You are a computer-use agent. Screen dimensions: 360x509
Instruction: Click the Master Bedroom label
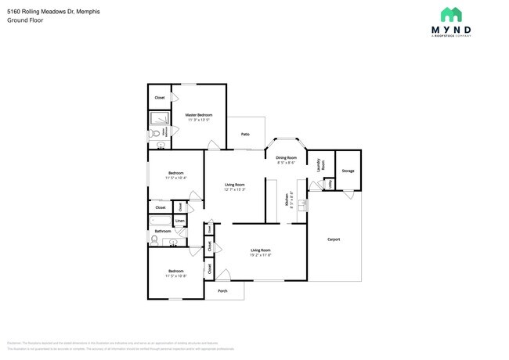pos(198,115)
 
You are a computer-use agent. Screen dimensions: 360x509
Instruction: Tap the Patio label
pos(245,135)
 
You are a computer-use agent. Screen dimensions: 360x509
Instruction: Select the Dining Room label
pos(286,158)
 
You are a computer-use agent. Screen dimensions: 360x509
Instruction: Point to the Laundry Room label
pos(319,165)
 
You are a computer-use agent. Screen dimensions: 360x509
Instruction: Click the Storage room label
pos(348,171)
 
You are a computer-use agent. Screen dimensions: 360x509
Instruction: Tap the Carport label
pos(334,239)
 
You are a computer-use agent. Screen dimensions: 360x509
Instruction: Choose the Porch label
pos(222,290)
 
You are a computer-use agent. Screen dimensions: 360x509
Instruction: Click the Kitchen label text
pos(287,200)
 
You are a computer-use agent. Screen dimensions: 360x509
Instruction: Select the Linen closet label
pos(179,221)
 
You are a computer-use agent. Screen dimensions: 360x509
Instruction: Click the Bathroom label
pos(162,232)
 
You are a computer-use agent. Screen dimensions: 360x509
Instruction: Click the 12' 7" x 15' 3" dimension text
pos(235,189)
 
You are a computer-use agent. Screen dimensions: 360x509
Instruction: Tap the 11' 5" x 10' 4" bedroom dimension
pos(175,178)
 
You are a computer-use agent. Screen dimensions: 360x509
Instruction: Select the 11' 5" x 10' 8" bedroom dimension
pos(175,276)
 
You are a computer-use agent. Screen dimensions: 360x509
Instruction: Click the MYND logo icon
pos(450,15)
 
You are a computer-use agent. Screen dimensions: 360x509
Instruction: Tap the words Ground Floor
pos(25,20)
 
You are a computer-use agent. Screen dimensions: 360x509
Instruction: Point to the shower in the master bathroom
pos(160,119)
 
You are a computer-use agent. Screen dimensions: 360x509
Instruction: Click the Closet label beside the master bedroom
pos(159,98)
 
